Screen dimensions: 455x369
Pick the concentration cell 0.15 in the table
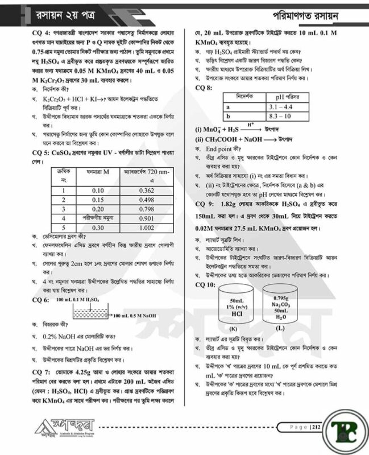pyautogui.click(x=98, y=200)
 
